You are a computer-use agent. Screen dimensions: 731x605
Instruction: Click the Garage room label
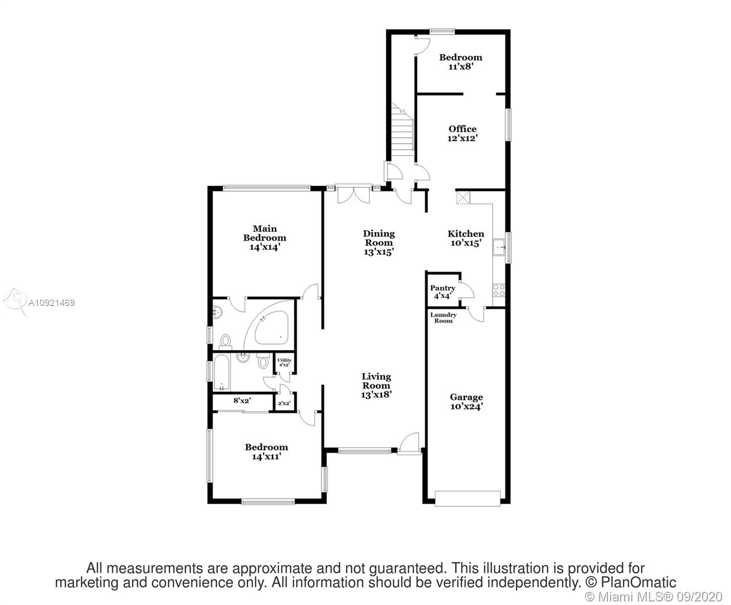(467, 402)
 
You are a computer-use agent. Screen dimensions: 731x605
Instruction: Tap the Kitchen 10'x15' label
(466, 238)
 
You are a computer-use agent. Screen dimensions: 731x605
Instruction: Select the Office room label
(462, 134)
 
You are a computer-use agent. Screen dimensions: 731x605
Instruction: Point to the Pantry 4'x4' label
(442, 292)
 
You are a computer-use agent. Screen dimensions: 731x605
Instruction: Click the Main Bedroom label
(264, 238)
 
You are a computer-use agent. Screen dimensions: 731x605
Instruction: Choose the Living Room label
(376, 386)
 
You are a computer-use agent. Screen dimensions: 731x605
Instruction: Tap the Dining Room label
(379, 243)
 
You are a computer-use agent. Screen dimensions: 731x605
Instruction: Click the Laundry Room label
(443, 318)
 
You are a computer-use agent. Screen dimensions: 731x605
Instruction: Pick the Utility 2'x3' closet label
(284, 362)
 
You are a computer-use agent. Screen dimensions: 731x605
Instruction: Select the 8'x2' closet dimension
(242, 400)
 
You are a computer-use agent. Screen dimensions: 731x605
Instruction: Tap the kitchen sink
(499, 247)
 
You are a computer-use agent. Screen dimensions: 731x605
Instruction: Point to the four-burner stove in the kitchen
(499, 290)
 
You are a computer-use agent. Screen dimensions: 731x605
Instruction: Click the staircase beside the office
(402, 130)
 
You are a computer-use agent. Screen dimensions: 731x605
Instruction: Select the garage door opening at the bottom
(468, 499)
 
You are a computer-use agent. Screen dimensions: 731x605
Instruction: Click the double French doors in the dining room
(354, 194)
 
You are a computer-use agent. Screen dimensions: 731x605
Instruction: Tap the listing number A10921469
(51, 302)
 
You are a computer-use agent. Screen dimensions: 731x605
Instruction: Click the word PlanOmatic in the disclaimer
(638, 582)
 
